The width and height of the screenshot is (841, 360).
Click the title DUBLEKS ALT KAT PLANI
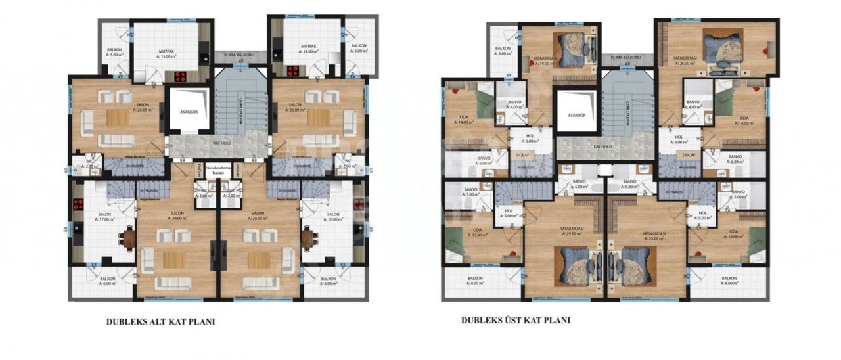click(160, 323)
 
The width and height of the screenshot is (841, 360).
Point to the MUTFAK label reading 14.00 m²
click(309, 48)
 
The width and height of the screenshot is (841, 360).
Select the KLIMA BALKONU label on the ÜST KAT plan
click(626, 58)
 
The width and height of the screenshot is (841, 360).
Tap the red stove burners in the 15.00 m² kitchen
click(179, 76)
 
